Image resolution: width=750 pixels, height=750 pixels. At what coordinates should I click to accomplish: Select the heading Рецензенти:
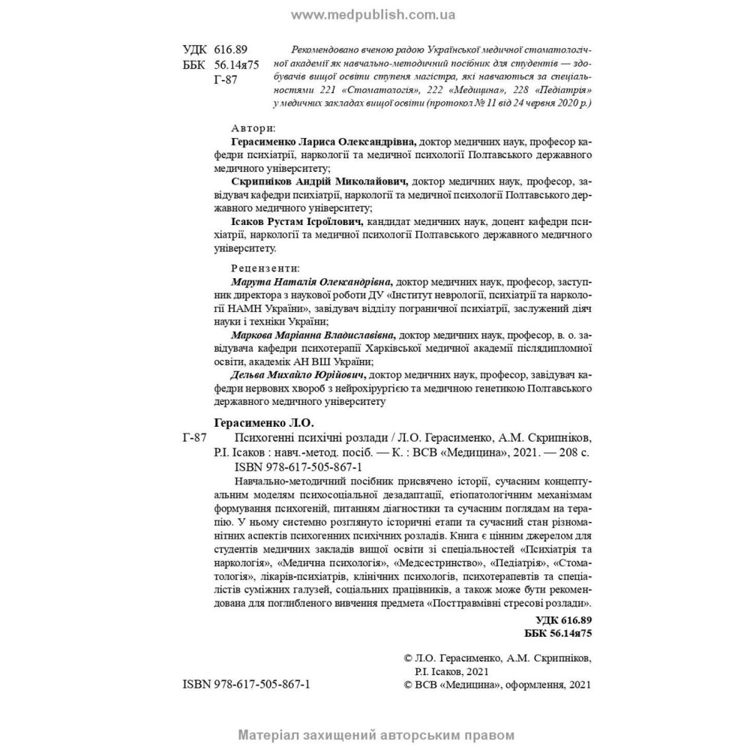pyautogui.click(x=265, y=268)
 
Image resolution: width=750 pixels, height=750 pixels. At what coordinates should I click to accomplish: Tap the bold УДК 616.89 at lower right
pyautogui.click(x=565, y=619)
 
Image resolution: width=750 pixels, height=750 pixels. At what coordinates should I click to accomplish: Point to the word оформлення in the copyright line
pyautogui.click(x=529, y=685)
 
